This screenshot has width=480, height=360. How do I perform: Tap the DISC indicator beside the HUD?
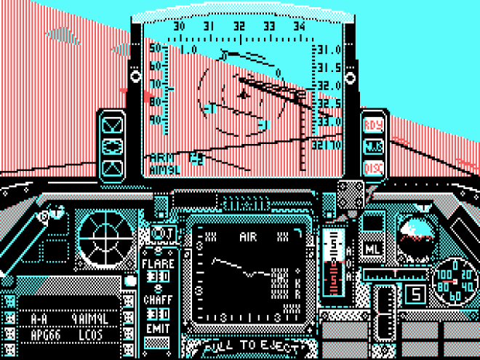pos(372,168)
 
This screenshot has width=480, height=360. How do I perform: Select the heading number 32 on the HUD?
pos(239,26)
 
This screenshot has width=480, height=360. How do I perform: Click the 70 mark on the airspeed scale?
pos(156,84)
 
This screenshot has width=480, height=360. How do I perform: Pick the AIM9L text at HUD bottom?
pos(161,169)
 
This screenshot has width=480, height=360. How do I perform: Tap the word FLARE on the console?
pos(157,262)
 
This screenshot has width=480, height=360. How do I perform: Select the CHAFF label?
pos(157,299)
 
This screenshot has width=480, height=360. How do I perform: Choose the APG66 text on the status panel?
pos(47,336)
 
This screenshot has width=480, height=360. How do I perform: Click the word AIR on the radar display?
pos(248,236)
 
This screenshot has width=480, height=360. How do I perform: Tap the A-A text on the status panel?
pos(40,319)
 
